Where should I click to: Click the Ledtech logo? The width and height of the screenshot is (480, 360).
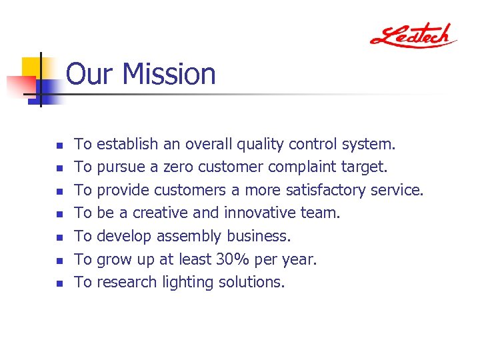413,35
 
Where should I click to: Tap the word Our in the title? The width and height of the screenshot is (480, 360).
89,74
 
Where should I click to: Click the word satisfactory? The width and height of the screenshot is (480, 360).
326,190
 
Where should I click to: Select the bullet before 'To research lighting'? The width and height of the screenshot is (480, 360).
59,283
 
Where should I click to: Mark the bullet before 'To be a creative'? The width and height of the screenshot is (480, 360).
59,214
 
